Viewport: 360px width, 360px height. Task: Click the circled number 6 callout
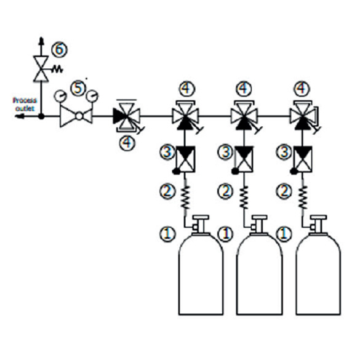coord(59,50)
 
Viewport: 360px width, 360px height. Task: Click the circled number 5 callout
coord(78,89)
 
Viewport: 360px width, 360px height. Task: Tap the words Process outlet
coord(25,104)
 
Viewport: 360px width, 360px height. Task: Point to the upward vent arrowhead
coord(41,41)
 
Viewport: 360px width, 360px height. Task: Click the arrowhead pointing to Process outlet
coord(19,116)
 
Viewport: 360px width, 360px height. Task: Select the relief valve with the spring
coord(41,69)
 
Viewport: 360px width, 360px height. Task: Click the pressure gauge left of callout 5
coord(60,97)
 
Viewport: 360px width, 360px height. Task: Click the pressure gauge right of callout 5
coord(92,97)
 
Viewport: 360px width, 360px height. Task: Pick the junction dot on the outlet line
coord(41,116)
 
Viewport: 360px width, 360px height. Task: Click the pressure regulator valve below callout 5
coord(76,116)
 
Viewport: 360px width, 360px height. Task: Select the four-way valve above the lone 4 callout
coord(127,116)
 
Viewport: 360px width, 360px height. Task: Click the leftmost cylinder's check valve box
coord(185,159)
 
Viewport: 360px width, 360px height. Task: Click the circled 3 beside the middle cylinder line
coord(225,152)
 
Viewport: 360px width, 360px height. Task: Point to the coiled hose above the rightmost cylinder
coord(303,197)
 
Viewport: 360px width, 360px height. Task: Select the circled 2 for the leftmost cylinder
coord(167,191)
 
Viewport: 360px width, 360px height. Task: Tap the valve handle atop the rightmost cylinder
coord(318,217)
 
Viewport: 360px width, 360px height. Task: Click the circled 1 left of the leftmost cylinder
coord(167,234)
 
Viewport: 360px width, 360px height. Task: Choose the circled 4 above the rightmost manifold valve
coord(302,89)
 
